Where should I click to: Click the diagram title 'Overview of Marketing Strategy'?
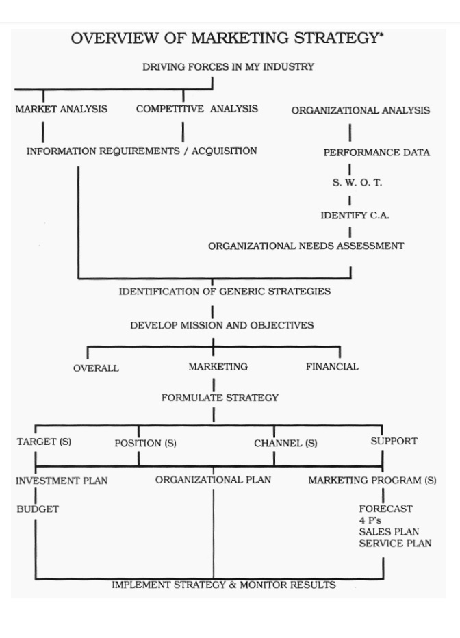pyautogui.click(x=227, y=38)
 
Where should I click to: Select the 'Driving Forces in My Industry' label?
pyautogui.click(x=228, y=66)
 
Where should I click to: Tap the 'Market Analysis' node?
pyautogui.click(x=62, y=109)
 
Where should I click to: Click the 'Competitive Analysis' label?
pyautogui.click(x=197, y=109)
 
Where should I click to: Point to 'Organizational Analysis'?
pyautogui.click(x=360, y=110)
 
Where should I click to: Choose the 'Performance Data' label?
pyautogui.click(x=376, y=153)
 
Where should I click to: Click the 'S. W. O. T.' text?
pyautogui.click(x=357, y=183)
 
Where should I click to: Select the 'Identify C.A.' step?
pyautogui.click(x=355, y=215)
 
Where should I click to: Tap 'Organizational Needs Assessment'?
pyautogui.click(x=306, y=246)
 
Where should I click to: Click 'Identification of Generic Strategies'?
pyautogui.click(x=225, y=292)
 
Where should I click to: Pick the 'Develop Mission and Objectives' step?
pyautogui.click(x=222, y=326)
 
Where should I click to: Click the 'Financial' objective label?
pyautogui.click(x=332, y=367)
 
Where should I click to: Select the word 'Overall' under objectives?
pyautogui.click(x=96, y=368)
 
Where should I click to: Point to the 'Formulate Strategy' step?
pyautogui.click(x=220, y=398)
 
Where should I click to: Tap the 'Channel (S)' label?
pyautogui.click(x=285, y=443)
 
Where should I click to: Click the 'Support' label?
pyautogui.click(x=394, y=441)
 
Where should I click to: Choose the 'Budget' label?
pyautogui.click(x=38, y=509)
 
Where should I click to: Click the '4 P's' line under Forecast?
pyautogui.click(x=370, y=520)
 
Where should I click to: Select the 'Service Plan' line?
pyautogui.click(x=396, y=544)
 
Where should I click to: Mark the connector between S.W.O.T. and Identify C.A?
pyautogui.click(x=349, y=201)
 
